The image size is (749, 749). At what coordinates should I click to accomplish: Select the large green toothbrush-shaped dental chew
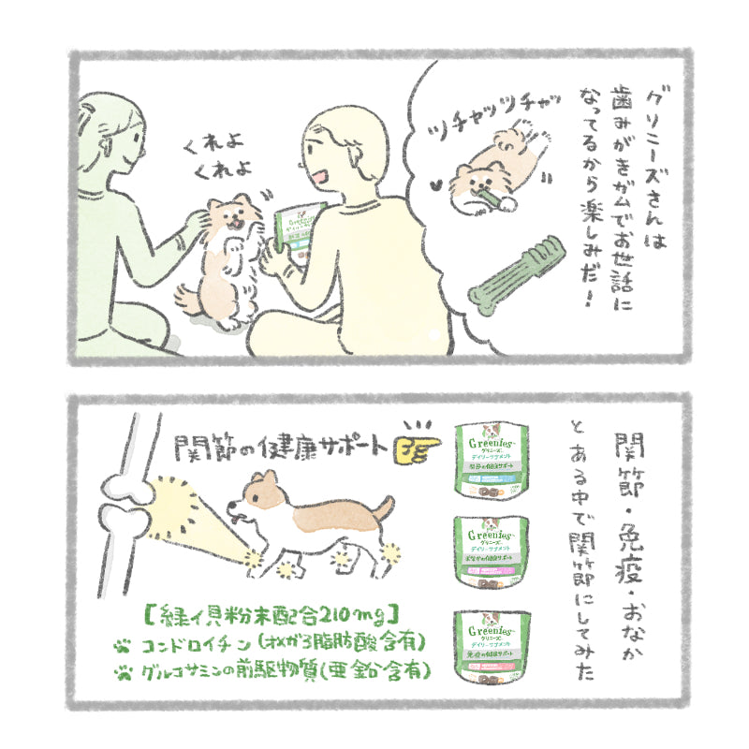tap(519, 277)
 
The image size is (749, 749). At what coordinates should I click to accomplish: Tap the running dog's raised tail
tap(385, 507)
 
